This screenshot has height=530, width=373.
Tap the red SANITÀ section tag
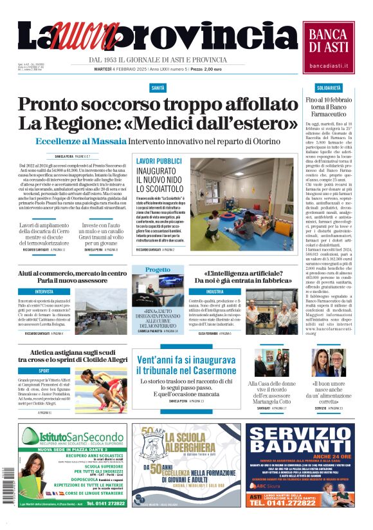click(158, 87)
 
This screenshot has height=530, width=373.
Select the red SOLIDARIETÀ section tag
click(329, 87)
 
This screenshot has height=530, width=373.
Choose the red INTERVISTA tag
click(44, 292)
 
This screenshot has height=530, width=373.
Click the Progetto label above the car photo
click(158, 270)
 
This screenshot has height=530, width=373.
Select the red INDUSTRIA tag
click(215, 292)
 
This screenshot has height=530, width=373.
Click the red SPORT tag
click(44, 371)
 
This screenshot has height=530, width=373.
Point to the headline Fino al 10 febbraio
click(329, 101)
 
